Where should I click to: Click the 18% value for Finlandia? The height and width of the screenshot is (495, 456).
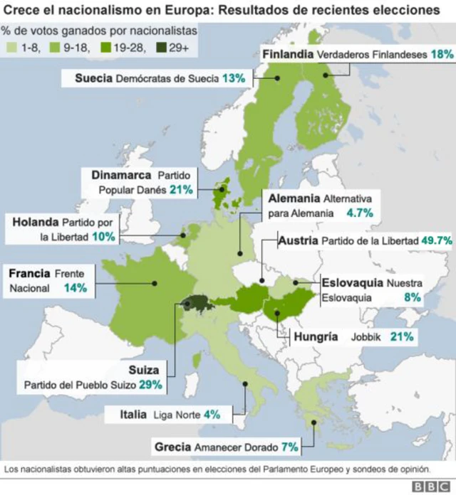[442, 55]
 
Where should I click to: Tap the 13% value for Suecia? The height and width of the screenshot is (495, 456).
[234, 78]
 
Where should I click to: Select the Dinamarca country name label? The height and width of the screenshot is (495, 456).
[122, 174]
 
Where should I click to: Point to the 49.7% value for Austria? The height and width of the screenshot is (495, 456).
[437, 240]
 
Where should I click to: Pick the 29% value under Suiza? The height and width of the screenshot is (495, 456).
[151, 385]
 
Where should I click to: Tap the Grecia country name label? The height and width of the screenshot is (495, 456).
[172, 447]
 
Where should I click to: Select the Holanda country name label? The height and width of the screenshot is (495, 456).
[35, 222]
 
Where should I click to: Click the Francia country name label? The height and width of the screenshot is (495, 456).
[28, 273]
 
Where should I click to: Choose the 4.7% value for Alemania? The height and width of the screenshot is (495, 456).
[360, 213]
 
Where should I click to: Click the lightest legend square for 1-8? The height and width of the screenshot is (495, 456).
[10, 48]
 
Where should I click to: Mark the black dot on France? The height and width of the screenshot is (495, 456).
[154, 283]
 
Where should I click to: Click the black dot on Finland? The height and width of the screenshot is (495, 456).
[326, 75]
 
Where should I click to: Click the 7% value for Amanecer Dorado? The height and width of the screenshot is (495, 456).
[289, 447]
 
